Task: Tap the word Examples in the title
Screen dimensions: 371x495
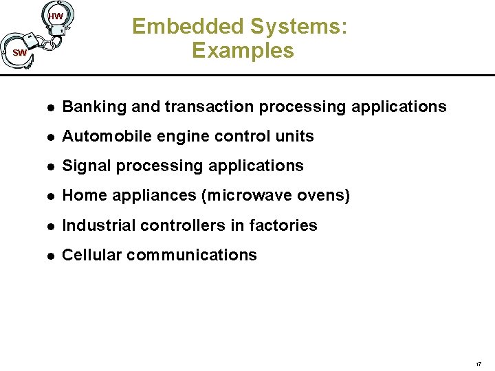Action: (x=243, y=50)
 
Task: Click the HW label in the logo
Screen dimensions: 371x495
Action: (x=56, y=16)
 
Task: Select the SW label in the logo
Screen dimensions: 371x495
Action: (x=19, y=53)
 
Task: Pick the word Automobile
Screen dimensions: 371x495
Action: (x=100, y=137)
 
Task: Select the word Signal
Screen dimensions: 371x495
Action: (x=82, y=166)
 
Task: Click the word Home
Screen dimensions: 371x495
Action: (x=80, y=196)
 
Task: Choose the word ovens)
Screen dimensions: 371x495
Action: (x=324, y=196)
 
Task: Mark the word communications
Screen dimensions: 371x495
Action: (x=192, y=255)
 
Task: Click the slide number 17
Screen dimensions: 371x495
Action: (x=478, y=362)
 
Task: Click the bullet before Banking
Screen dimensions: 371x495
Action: (x=49, y=108)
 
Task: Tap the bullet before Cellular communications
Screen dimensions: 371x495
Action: (x=49, y=256)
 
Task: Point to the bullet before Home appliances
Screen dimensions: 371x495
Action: (x=49, y=196)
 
